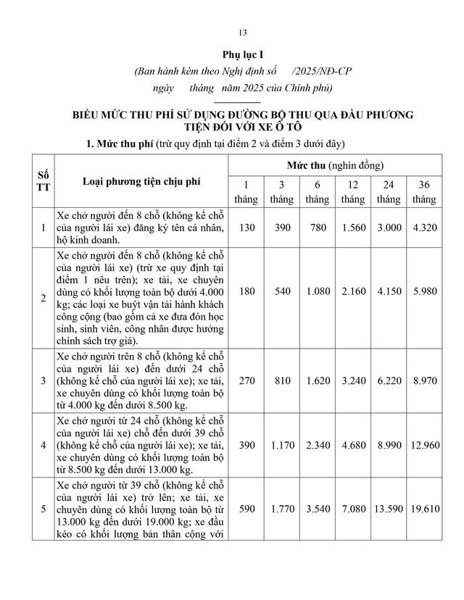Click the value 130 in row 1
(246, 228)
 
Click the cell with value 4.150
(389, 296)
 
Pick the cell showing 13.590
(389, 510)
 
